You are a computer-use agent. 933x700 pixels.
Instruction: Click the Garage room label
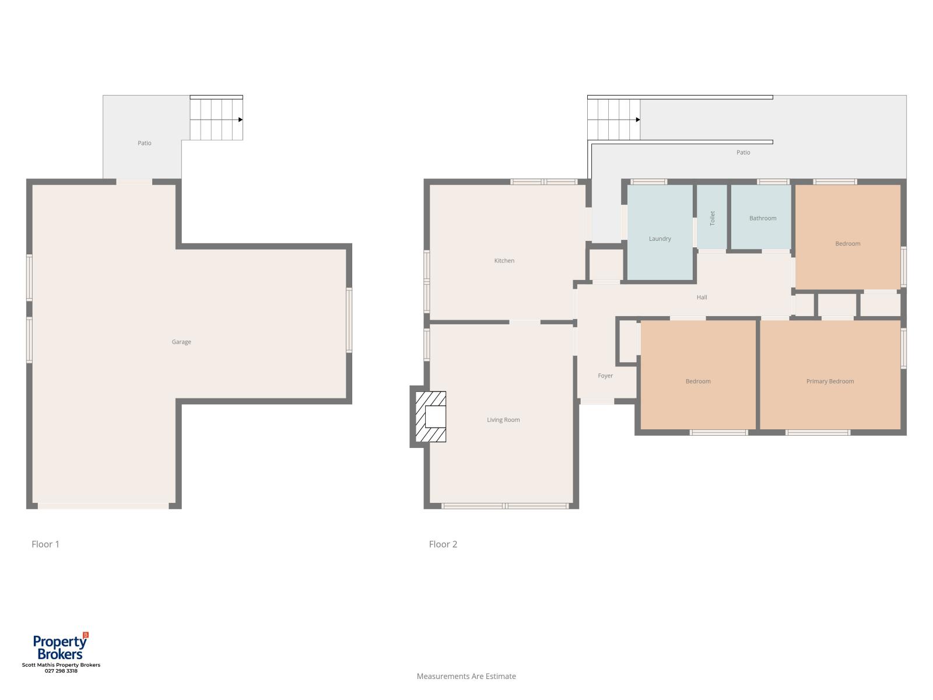(181, 342)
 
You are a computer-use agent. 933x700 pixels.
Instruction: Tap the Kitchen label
(504, 261)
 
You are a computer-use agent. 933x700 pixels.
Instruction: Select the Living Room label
(503, 419)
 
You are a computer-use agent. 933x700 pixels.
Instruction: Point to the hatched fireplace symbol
(430, 416)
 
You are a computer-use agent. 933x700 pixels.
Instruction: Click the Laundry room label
(660, 239)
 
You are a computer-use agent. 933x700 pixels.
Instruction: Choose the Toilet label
(713, 218)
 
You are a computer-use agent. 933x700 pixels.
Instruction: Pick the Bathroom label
(763, 218)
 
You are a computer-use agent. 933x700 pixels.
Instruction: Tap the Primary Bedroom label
(830, 381)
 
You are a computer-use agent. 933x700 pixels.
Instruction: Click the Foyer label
(605, 376)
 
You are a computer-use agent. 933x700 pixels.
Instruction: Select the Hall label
(701, 297)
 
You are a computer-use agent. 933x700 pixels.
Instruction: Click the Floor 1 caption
(45, 544)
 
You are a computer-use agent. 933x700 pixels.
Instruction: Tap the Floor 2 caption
(443, 544)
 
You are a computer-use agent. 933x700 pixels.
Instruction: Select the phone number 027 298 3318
(61, 671)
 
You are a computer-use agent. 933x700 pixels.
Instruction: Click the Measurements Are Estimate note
(466, 676)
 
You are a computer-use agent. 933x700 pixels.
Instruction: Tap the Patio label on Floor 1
(145, 143)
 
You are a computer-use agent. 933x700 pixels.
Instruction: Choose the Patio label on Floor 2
(743, 152)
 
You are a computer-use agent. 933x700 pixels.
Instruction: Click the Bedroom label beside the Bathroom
(847, 243)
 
